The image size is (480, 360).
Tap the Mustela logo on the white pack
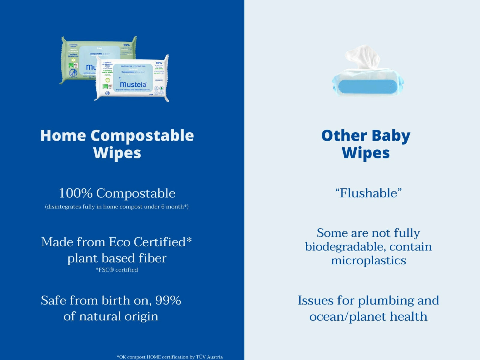pyautogui.click(x=133, y=85)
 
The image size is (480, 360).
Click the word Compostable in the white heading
pyautogui.click(x=142, y=136)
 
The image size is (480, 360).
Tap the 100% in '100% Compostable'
pyautogui.click(x=75, y=193)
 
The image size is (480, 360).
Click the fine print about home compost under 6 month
pyautogui.click(x=117, y=207)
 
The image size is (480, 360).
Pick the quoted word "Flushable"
pyautogui.click(x=368, y=193)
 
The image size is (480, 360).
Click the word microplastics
pyautogui.click(x=368, y=260)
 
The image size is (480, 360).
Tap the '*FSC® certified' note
pyautogui.click(x=117, y=270)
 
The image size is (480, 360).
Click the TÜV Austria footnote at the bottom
pyautogui.click(x=169, y=357)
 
